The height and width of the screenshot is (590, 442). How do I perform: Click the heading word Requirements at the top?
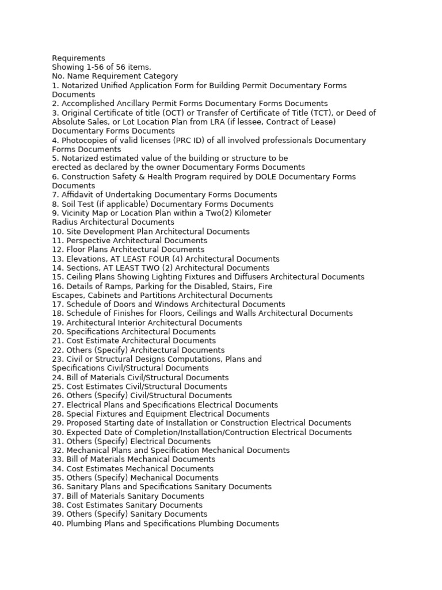[x=78, y=58]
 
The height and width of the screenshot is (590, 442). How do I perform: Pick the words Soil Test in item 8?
[x=78, y=204]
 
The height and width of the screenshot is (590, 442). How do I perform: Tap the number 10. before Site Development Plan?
[x=58, y=232]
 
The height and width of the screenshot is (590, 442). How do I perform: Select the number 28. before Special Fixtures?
[x=58, y=414]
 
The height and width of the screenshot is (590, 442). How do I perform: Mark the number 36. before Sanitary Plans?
[x=58, y=487]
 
